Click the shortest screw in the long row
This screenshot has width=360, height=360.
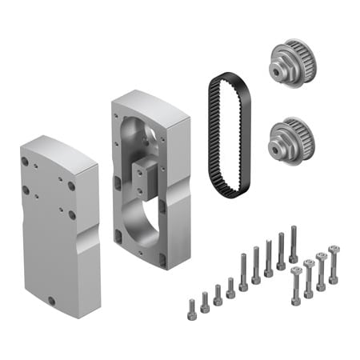[191, 309]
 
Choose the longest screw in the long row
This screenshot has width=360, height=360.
[294, 243]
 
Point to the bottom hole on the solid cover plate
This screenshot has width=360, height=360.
[52, 300]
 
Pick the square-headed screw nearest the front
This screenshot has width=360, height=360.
[297, 283]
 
